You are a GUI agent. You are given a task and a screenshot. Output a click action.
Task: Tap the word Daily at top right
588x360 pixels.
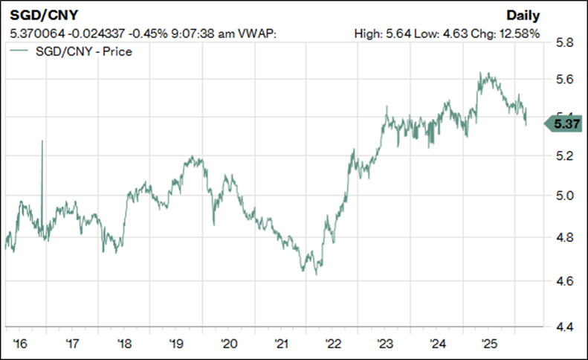523,16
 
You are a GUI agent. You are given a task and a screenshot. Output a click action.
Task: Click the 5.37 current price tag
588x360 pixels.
564,123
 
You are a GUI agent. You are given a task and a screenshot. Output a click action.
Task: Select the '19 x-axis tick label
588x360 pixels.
176,344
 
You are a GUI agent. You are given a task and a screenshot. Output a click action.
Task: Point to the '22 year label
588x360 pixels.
332,344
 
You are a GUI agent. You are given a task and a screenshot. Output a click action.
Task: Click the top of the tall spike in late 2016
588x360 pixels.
42,141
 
